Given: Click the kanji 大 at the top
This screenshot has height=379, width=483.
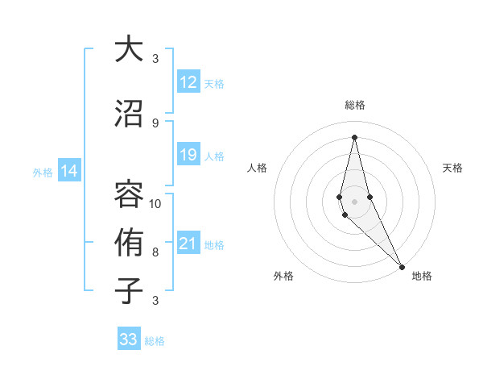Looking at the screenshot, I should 129,49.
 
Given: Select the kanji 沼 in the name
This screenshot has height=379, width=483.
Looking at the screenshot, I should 129,113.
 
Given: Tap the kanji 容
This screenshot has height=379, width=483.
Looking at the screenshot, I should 129,194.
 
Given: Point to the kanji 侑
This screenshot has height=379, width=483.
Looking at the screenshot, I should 129,243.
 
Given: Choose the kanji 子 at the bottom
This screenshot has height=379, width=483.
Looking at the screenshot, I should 129,291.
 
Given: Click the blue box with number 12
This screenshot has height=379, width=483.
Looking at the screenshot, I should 188,83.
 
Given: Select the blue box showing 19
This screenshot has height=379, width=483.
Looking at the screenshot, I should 188,156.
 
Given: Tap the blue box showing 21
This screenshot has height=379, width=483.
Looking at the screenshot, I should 188,244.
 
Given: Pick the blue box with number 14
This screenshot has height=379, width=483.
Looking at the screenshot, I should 69,171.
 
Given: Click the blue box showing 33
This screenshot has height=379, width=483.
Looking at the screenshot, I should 129,339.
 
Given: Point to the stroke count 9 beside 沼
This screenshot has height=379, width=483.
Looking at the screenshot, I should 155,123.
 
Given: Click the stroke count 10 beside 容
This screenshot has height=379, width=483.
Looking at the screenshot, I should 155,203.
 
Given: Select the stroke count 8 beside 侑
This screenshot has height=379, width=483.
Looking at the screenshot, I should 155,252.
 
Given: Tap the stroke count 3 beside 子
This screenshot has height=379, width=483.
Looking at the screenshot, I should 155,301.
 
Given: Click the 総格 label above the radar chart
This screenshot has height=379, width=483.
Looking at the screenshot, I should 355,105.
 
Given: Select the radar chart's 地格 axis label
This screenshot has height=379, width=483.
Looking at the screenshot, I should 422,276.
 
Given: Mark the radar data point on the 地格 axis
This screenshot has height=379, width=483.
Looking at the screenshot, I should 402,265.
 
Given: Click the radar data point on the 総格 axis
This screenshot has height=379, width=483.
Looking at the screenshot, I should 354,136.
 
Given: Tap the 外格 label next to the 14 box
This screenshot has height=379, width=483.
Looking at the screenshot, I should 43,172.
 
